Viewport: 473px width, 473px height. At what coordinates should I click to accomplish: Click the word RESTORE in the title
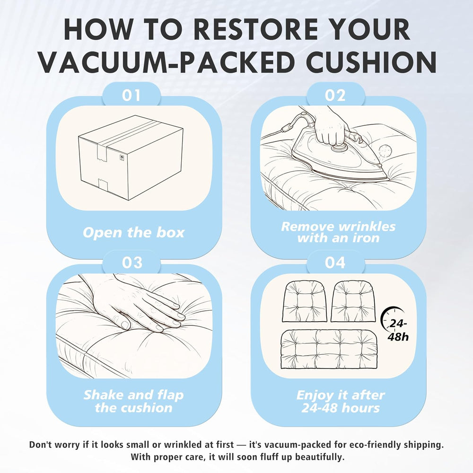click(255, 29)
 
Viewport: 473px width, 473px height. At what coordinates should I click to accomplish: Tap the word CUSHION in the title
click(372, 62)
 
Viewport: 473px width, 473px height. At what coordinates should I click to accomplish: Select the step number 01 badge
click(131, 96)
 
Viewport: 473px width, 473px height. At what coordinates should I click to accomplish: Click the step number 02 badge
click(335, 96)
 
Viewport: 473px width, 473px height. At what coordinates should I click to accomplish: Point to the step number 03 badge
click(132, 263)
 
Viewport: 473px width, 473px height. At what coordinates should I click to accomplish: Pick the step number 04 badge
click(335, 263)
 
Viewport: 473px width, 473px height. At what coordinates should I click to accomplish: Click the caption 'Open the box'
click(133, 233)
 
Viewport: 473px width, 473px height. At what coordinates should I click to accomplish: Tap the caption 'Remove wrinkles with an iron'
click(338, 232)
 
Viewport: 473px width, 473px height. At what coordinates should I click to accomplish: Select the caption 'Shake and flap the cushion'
click(134, 401)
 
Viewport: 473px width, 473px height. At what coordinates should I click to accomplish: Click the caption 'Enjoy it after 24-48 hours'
click(341, 401)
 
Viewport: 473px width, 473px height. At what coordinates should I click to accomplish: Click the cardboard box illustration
click(131, 158)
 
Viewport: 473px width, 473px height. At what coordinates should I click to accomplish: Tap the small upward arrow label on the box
click(122, 158)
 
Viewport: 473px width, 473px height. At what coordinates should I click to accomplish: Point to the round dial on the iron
click(339, 148)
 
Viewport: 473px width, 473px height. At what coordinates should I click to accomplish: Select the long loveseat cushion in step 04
click(329, 349)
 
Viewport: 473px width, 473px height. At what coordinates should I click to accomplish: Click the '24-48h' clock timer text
click(398, 330)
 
